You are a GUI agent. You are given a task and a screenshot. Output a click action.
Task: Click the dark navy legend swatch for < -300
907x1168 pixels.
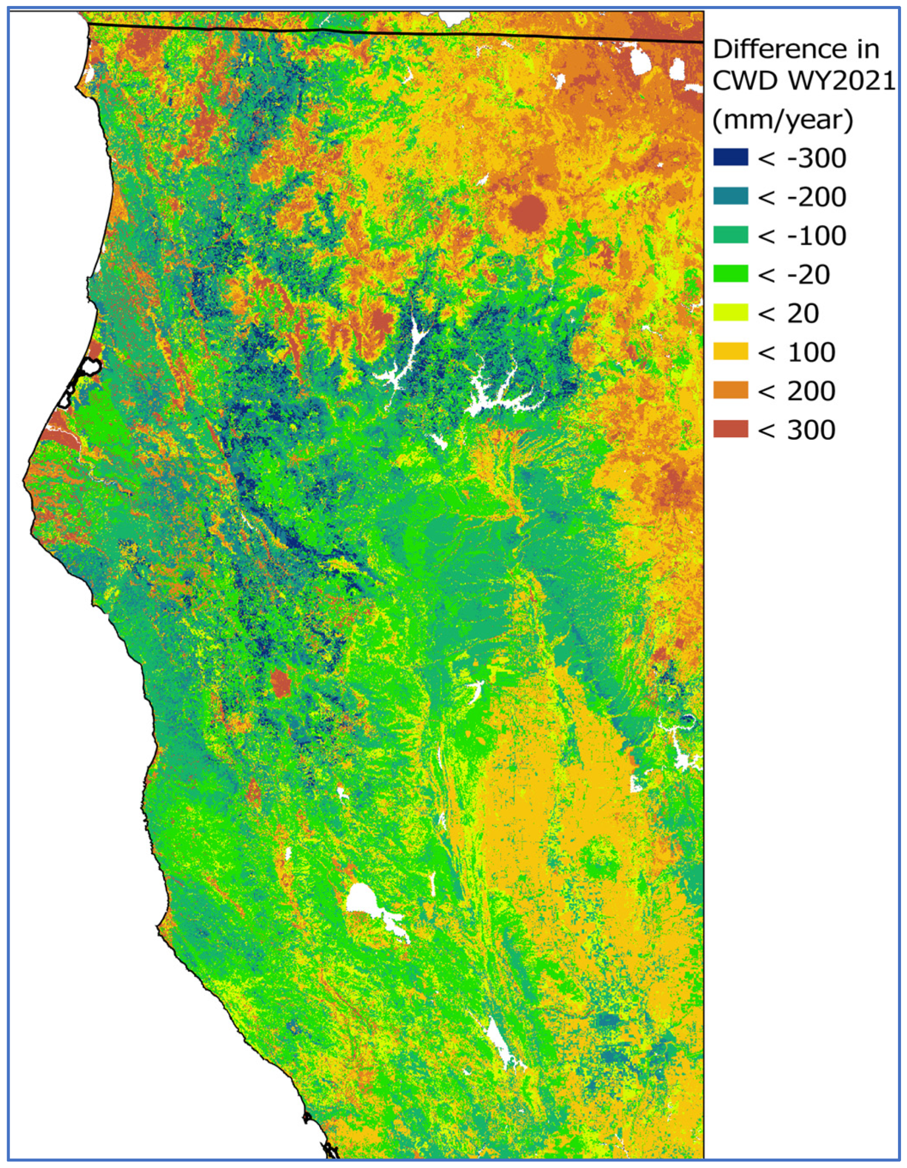731,158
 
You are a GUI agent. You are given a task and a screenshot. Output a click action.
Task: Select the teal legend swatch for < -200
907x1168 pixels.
731,197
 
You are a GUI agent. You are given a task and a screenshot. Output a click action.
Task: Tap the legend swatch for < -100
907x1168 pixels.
731,236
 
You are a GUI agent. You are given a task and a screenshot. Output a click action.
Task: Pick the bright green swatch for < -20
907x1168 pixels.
731,274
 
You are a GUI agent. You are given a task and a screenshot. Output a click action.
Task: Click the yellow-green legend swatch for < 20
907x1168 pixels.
731,313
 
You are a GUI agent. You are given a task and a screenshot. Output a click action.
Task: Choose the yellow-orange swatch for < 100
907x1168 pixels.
731,352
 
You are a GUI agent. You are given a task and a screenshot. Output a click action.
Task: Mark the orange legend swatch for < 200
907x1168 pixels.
731,391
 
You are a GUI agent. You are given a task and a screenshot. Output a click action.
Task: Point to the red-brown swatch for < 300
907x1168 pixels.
731,430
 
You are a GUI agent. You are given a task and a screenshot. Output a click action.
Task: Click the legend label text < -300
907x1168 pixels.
802,158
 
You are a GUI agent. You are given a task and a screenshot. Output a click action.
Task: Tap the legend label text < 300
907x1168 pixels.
796,430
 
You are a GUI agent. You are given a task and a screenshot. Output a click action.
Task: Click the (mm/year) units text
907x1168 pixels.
782,121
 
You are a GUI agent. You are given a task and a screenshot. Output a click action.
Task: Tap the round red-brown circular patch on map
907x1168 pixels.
528,212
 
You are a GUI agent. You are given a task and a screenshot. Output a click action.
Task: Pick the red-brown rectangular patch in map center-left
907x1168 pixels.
280,683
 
